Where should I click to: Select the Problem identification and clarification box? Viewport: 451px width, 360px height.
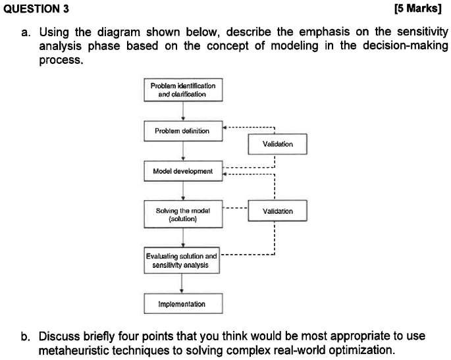pyautogui.click(x=182, y=90)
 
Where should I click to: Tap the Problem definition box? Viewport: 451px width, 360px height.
pyautogui.click(x=182, y=131)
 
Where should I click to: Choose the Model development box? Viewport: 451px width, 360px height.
pyautogui.click(x=182, y=171)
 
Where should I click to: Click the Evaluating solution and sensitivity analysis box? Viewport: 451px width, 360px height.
pyautogui.click(x=182, y=261)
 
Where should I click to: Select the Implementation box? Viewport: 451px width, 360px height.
pyautogui.click(x=182, y=304)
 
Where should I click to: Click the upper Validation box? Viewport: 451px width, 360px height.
pyautogui.click(x=277, y=143)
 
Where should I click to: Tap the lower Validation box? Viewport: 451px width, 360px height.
pyautogui.click(x=277, y=211)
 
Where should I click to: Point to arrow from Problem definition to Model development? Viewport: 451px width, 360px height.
pyautogui.click(x=182, y=151)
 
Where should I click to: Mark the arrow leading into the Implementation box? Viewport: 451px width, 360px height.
pyautogui.click(x=182, y=284)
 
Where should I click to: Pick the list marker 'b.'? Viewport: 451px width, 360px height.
pyautogui.click(x=26, y=336)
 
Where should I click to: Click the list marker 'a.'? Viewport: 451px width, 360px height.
pyautogui.click(x=26, y=32)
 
